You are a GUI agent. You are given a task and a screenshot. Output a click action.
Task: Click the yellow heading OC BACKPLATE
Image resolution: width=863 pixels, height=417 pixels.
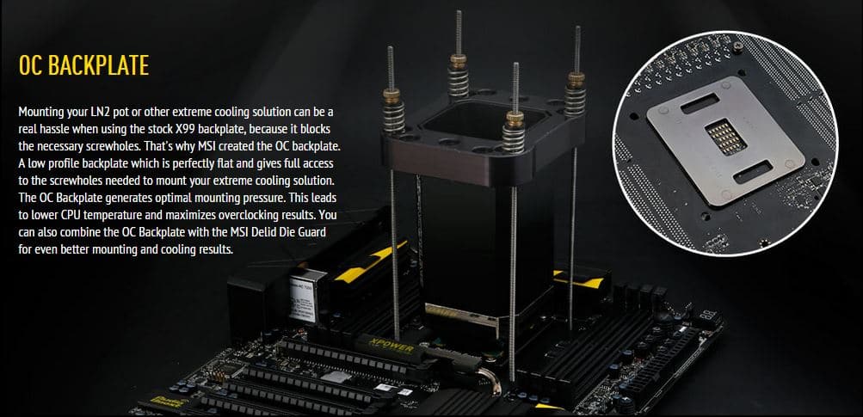tap(83, 65)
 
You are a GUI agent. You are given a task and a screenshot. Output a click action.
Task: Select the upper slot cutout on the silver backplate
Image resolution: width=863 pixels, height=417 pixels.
tap(700, 103)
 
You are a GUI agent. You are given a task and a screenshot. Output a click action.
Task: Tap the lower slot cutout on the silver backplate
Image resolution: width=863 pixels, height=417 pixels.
tap(755, 172)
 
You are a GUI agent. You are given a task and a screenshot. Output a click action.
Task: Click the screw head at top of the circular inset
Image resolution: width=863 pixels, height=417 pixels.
tap(737, 47)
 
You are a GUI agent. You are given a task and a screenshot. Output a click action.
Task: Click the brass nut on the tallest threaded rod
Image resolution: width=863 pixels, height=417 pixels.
tap(458, 59)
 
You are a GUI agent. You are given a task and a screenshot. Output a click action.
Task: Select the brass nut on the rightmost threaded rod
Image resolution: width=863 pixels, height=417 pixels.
tap(576, 79)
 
